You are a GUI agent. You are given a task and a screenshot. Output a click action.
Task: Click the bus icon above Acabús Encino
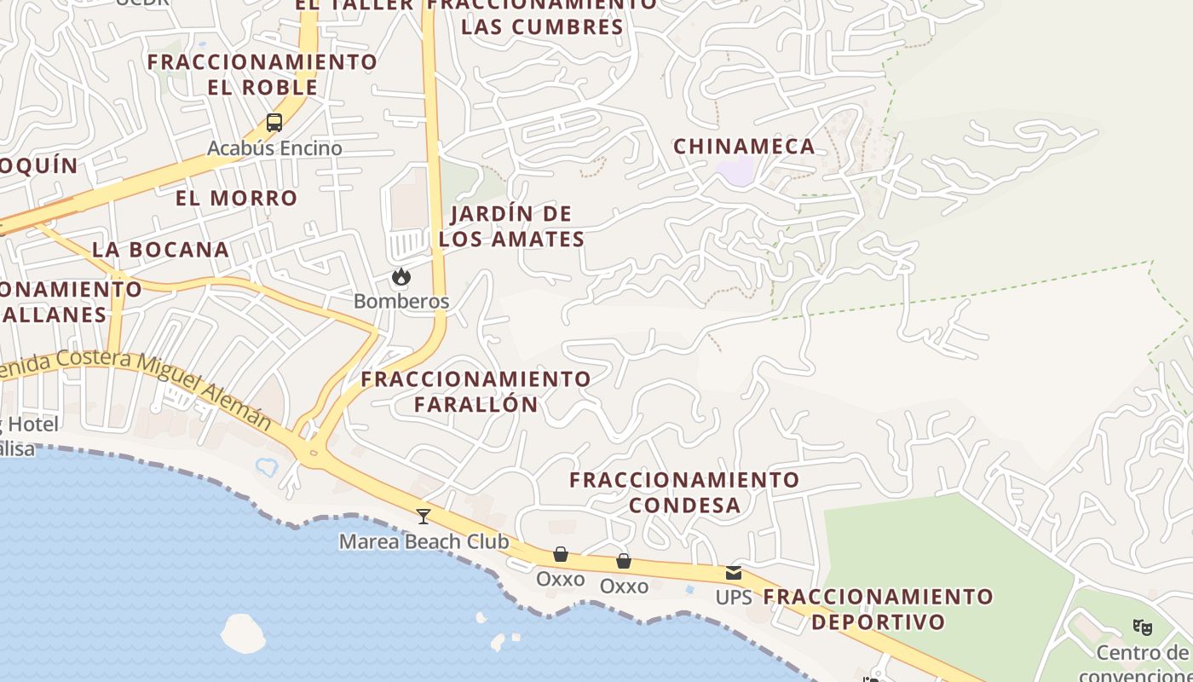(x=274, y=123)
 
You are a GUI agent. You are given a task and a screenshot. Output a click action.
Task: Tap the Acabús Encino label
(x=274, y=148)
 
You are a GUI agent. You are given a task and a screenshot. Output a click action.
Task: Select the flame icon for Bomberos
(x=401, y=277)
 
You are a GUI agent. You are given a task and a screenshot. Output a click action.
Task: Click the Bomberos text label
(x=401, y=302)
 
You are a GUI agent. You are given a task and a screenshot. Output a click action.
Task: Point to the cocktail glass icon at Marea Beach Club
(x=423, y=516)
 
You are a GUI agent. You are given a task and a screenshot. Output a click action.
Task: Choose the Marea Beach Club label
(x=424, y=542)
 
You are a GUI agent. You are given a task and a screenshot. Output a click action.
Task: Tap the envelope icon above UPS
(x=734, y=573)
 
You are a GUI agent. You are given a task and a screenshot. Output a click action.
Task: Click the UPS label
(x=734, y=598)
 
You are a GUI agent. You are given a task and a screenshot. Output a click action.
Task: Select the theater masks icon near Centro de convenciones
(x=1143, y=627)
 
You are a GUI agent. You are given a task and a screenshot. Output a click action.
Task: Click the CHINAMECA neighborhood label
(x=744, y=147)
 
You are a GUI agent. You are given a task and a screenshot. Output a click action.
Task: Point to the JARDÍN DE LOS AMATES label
(x=511, y=227)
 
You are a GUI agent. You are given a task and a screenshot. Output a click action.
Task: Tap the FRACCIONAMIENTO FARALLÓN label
(x=475, y=391)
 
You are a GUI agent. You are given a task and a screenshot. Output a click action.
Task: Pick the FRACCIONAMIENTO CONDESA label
(x=684, y=493)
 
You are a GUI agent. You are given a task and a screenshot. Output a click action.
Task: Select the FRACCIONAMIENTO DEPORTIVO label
(x=879, y=609)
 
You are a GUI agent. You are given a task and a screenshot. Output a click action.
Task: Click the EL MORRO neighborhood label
(x=236, y=199)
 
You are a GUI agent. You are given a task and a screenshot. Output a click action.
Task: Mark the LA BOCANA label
(x=160, y=250)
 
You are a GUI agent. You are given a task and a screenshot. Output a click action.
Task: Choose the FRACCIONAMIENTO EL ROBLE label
(x=262, y=75)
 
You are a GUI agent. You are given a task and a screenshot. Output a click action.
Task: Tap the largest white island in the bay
(x=243, y=633)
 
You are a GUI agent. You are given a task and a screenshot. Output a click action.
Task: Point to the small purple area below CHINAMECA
(x=735, y=170)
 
